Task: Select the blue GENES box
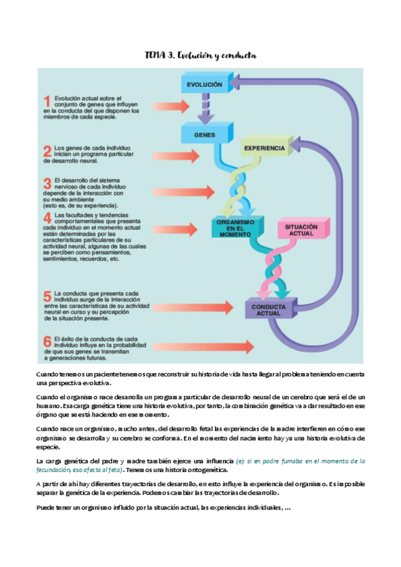coord(203,134)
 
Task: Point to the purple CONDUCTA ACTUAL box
coord(268,309)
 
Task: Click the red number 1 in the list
coord(48,102)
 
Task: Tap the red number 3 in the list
coord(48,183)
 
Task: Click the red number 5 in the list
coord(48,296)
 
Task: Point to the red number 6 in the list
coord(48,342)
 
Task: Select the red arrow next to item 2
coord(175,156)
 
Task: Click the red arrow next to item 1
coord(175,106)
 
